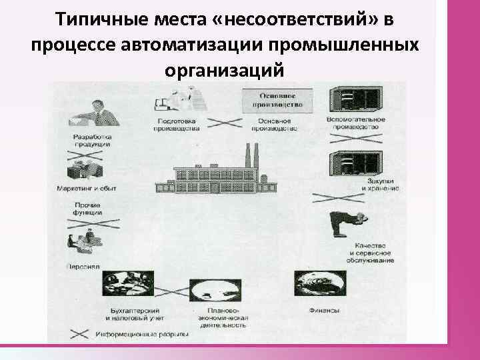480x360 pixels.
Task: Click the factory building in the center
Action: [213, 175]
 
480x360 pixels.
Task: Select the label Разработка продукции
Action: [93, 142]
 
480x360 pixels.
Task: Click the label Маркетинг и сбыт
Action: [86, 189]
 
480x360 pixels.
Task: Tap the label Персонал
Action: [83, 265]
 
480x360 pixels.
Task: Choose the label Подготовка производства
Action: [176, 125]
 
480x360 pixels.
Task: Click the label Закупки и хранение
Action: [381, 185]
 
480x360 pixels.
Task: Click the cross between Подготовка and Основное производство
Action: [227, 123]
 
